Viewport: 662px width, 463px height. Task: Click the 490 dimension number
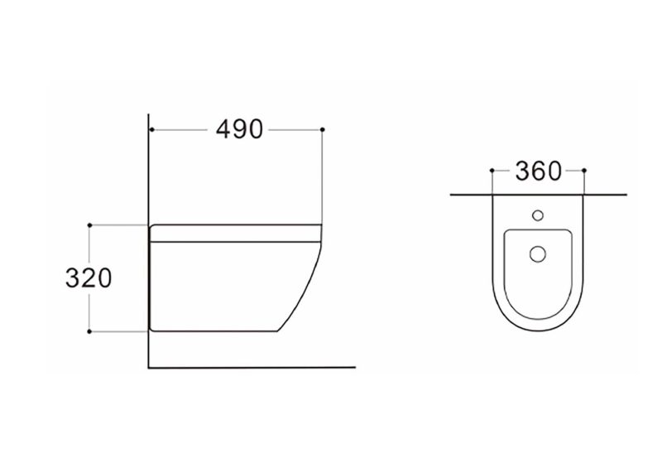(x=239, y=129)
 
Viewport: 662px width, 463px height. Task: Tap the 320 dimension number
(x=89, y=278)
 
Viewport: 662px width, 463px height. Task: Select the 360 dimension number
(x=539, y=171)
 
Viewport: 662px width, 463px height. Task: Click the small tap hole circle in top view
(x=537, y=215)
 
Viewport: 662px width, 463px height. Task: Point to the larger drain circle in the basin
(x=537, y=254)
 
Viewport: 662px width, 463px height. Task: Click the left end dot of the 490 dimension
(x=151, y=129)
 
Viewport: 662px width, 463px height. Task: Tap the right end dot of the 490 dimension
(x=323, y=129)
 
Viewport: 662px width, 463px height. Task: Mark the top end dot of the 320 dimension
(x=89, y=225)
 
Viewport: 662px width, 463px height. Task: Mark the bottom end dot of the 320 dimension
(x=89, y=331)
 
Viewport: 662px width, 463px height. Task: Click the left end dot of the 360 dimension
(x=492, y=171)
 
